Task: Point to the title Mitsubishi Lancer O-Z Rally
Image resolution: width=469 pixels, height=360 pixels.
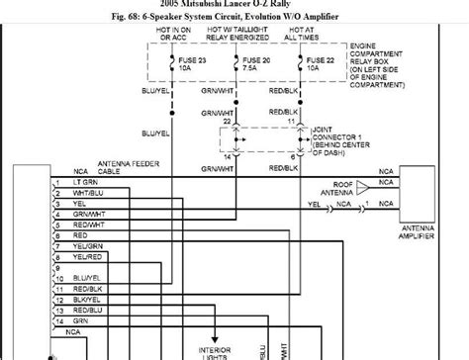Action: (234, 5)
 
